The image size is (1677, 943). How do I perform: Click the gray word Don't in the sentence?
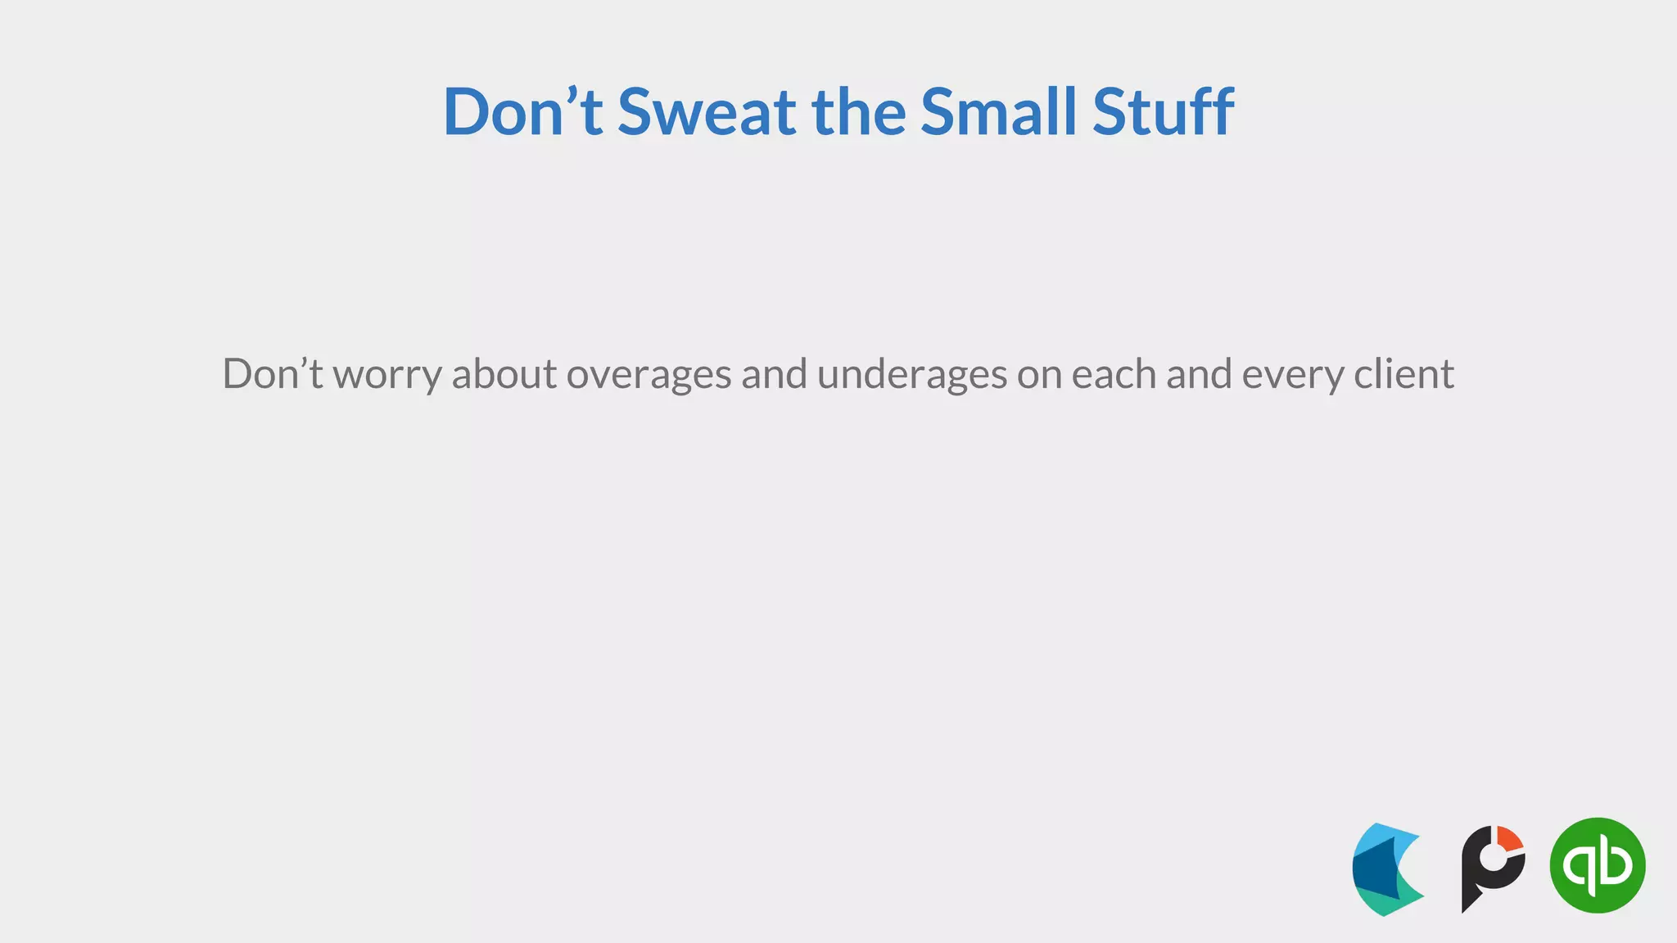273,374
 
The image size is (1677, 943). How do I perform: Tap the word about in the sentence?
504,374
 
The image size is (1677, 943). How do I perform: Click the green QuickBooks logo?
1597,865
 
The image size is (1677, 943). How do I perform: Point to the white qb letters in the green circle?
1597,865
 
